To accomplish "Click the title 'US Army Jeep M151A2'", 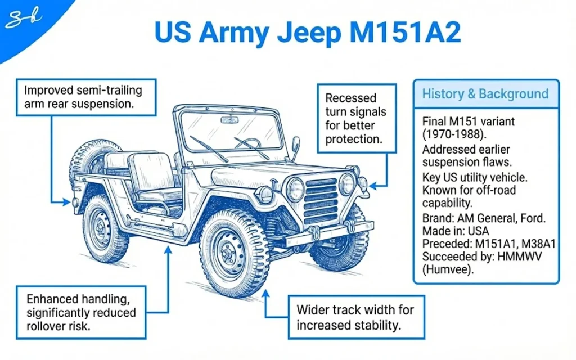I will (x=308, y=34).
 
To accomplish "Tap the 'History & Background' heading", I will (x=485, y=93).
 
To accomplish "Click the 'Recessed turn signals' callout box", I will (x=355, y=119).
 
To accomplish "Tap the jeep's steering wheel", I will (x=247, y=143).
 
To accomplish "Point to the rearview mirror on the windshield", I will (x=229, y=120).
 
